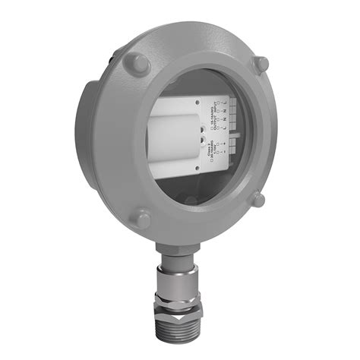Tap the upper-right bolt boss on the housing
(261, 65)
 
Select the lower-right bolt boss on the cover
(258, 200)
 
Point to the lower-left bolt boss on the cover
(142, 219)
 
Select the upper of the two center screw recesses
(203, 130)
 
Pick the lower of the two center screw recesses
(203, 141)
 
